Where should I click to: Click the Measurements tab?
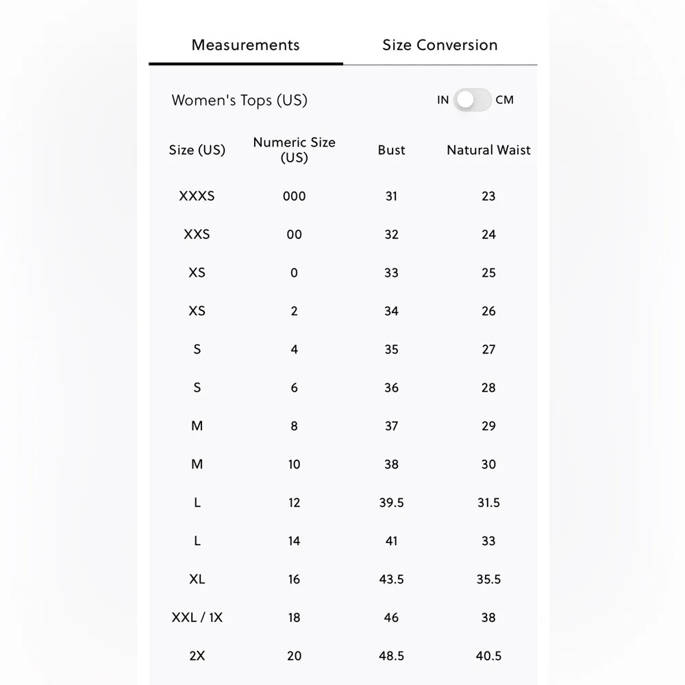(x=245, y=45)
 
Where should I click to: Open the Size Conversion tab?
(x=440, y=45)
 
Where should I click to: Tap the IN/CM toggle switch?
(x=473, y=100)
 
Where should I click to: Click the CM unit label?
(x=504, y=100)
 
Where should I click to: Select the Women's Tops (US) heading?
(x=239, y=100)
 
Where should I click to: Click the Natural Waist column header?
(x=488, y=150)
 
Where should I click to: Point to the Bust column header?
(x=391, y=150)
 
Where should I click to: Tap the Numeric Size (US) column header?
(x=294, y=149)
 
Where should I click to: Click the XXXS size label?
(x=197, y=196)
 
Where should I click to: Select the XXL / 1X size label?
(x=197, y=618)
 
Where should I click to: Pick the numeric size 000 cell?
(x=294, y=196)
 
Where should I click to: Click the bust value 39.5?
(x=391, y=503)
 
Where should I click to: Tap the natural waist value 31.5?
(x=488, y=503)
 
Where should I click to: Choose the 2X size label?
(x=197, y=656)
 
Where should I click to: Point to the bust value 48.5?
(x=391, y=656)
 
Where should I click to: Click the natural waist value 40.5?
(x=488, y=656)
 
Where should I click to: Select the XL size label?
(x=197, y=580)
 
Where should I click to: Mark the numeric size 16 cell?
(x=294, y=580)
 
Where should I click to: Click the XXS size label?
(x=197, y=234)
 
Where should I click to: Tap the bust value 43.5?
(x=391, y=580)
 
